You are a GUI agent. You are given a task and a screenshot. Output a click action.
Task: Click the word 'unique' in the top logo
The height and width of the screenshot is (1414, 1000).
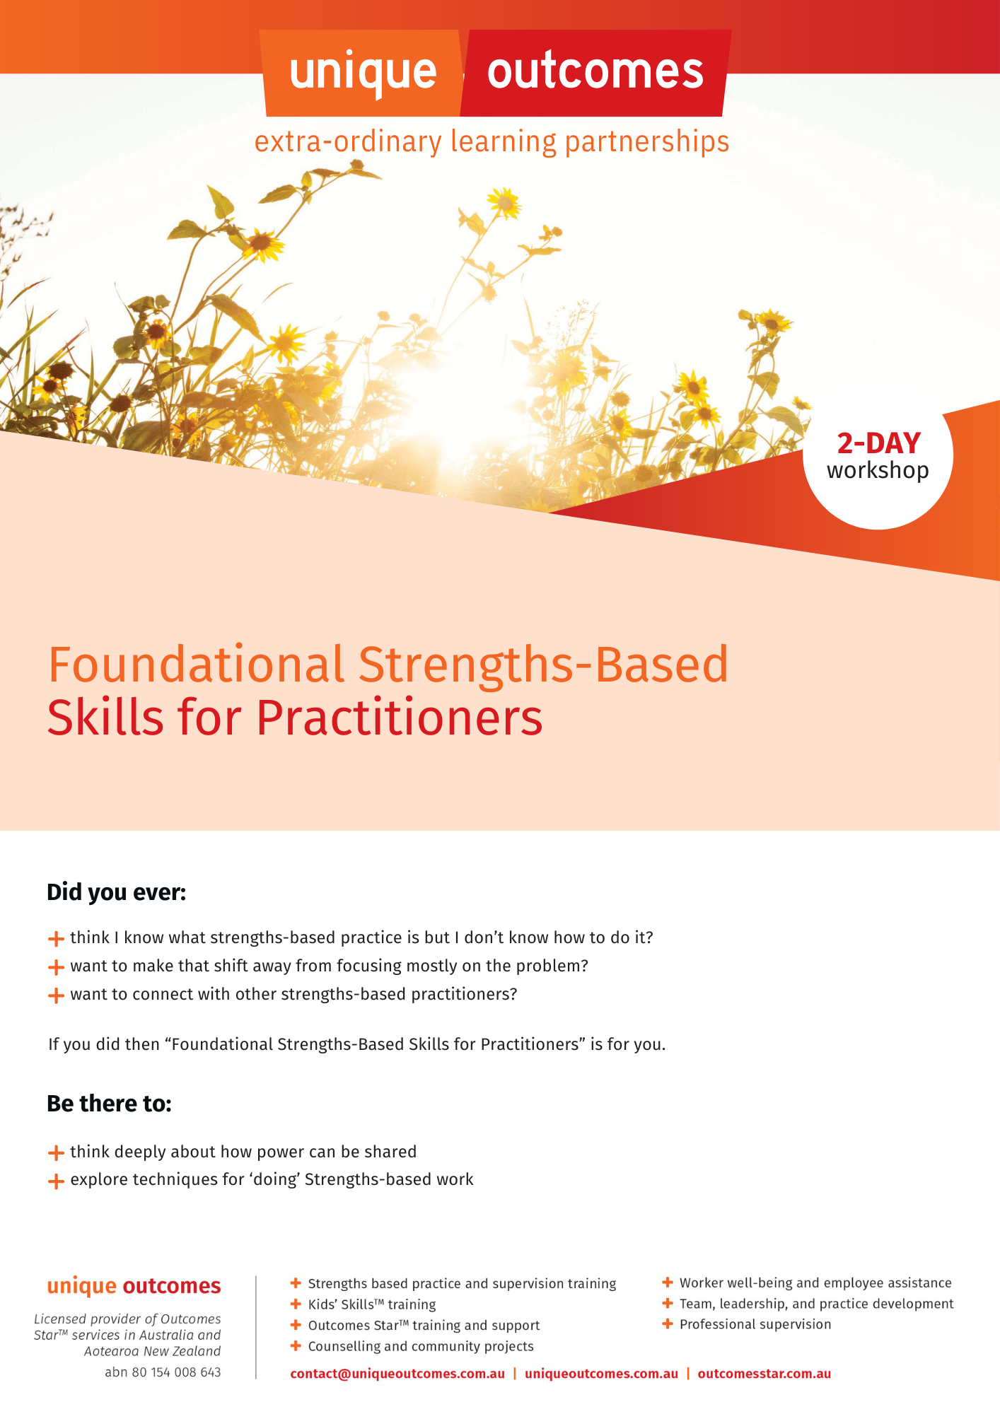point(363,73)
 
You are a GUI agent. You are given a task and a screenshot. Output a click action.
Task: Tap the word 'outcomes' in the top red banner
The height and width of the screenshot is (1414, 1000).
point(595,71)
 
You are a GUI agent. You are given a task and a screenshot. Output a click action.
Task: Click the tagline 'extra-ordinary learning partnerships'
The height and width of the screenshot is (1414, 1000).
point(492,141)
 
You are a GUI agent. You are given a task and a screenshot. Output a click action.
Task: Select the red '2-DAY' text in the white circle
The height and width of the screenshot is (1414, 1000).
point(878,443)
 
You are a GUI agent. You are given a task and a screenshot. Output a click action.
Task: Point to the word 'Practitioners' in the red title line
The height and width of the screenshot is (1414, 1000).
point(399,718)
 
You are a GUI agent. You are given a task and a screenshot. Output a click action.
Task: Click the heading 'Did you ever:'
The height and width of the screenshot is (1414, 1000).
point(116,892)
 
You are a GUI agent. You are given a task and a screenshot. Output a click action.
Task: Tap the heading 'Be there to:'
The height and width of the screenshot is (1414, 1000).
point(109,1104)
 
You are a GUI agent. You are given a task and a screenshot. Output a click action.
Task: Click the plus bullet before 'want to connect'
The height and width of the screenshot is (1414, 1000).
point(56,995)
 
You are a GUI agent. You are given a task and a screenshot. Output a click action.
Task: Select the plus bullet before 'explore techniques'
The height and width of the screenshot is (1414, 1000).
point(56,1181)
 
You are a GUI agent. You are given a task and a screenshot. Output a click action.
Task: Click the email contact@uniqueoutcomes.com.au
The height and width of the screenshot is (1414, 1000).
point(397,1374)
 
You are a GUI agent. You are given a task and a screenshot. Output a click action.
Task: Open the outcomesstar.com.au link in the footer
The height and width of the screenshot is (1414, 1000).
point(764,1374)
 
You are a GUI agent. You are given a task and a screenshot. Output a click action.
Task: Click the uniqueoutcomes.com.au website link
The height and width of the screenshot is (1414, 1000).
point(601,1374)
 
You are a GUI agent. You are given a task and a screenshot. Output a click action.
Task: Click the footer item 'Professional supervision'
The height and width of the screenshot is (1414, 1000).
point(755,1324)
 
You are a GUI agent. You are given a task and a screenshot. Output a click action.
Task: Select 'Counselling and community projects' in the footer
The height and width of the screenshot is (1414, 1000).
point(420,1346)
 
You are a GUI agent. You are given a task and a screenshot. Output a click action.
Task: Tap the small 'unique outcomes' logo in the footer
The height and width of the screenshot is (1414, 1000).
point(134,1286)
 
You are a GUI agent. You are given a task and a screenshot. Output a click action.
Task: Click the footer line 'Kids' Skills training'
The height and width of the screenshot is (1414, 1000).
point(371,1304)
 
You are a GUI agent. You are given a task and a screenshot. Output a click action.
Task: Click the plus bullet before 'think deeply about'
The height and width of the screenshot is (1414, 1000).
point(56,1153)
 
